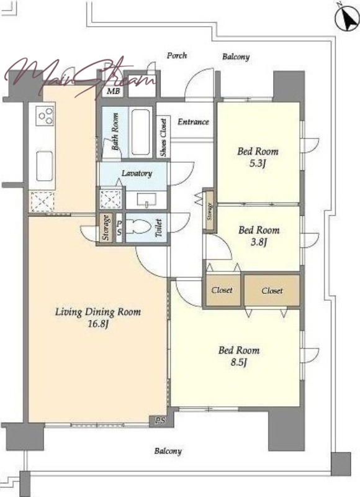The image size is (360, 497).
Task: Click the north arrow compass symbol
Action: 347,19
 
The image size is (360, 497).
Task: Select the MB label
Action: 114,91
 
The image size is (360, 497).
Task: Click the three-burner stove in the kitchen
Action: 45,116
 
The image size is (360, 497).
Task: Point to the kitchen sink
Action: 44,166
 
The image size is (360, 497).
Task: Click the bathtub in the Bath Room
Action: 140,132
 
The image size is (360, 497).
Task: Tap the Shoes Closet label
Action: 163,137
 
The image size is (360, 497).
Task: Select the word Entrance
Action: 193,122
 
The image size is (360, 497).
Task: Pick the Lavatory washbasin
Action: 146,199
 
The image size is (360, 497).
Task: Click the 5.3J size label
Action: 257,164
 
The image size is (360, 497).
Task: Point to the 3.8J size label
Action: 259,242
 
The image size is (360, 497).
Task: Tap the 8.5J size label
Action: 239,362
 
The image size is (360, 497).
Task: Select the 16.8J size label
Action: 98,324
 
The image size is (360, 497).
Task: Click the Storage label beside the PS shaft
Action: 107,227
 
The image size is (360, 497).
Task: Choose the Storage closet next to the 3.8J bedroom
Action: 210,211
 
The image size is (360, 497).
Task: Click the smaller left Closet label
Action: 222,290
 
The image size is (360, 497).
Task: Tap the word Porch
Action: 177,55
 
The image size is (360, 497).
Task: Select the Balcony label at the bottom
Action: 168,451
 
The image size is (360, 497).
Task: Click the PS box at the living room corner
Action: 160,421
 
